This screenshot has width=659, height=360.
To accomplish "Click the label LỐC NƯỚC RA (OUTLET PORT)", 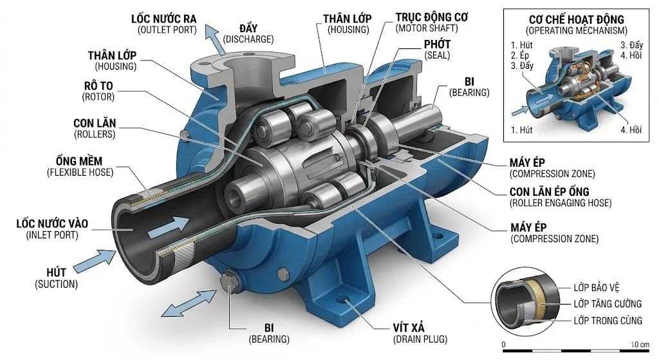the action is point(164,24).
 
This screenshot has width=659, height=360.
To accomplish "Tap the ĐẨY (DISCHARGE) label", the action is point(248,33).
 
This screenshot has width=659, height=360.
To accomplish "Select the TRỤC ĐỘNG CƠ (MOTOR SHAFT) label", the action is point(431,23).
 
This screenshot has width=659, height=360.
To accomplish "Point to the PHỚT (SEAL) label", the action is point(437,50).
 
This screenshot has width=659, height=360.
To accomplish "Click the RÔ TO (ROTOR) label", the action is point(98,91).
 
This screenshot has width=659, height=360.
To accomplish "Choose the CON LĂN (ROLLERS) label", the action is point(95,129).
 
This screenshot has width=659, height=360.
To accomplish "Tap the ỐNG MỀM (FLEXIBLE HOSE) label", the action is point(80,167).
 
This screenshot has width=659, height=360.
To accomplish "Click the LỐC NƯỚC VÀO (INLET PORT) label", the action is point(53,229).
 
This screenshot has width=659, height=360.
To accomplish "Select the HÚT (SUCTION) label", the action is point(57,278).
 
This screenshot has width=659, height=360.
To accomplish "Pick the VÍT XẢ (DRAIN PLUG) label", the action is point(420,334).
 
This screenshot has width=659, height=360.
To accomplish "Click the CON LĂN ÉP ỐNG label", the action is point(550,192).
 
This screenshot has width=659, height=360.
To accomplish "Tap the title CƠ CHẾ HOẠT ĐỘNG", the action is point(576,19).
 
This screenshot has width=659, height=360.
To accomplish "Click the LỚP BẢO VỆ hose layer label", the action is point(597,288).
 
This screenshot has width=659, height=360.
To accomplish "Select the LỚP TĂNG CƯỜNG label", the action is point(608,303).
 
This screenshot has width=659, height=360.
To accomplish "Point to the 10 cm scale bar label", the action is point(640,345).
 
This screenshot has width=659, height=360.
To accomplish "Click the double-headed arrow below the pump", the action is point(189,303).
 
